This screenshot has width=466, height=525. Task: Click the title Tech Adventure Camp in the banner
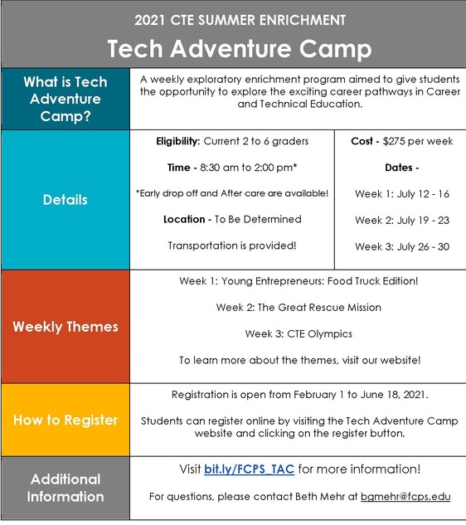click(232, 47)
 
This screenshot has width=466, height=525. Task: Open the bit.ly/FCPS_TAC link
click(250, 469)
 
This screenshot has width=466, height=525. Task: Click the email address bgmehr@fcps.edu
click(406, 497)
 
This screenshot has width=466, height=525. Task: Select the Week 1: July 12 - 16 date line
click(402, 193)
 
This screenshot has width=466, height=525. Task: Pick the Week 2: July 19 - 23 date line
click(402, 220)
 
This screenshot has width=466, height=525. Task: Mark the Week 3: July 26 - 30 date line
click(402, 246)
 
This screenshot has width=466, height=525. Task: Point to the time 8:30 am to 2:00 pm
click(246, 168)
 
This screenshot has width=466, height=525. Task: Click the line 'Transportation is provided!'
click(232, 246)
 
